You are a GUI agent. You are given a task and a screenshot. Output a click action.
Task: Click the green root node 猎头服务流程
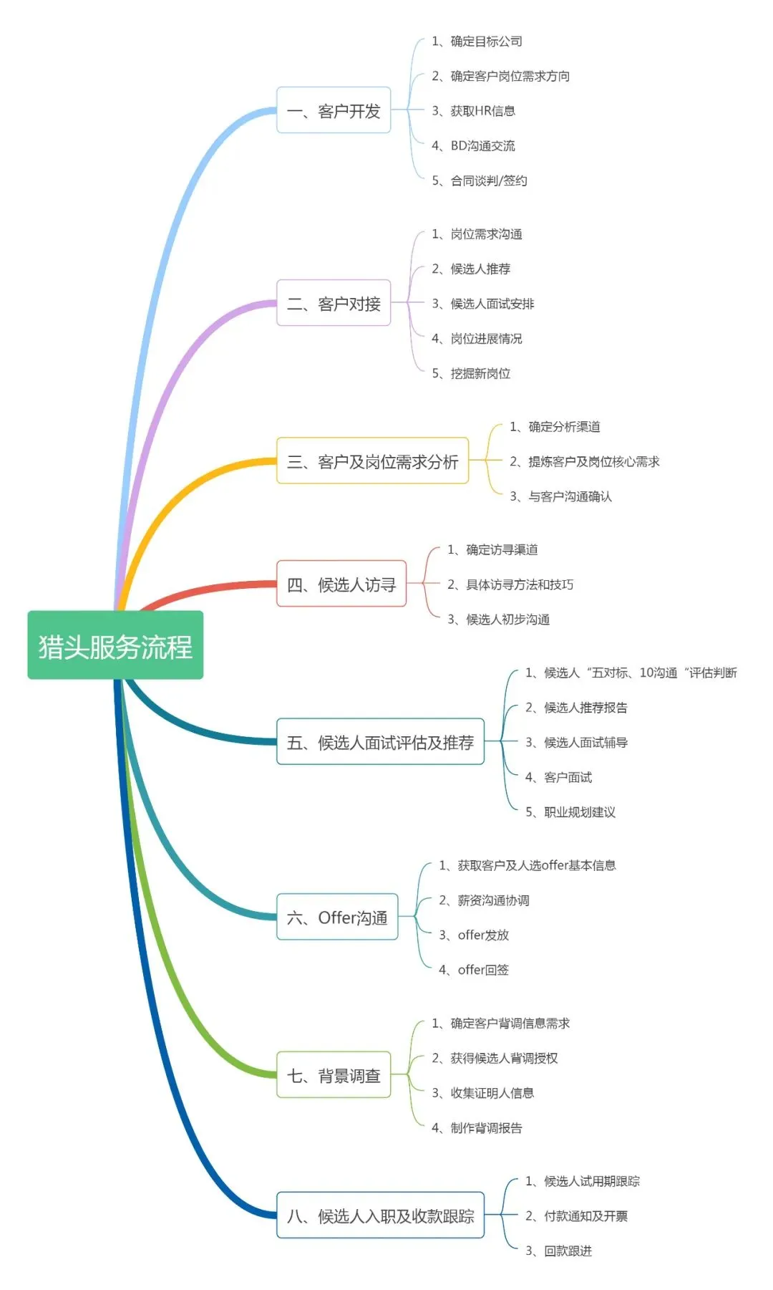[x=115, y=645]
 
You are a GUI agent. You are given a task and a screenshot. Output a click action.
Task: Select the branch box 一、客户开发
[x=334, y=110]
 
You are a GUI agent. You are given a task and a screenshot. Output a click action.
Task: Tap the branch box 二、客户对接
[x=334, y=303]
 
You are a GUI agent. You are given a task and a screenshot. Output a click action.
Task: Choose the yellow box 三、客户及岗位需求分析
[x=372, y=461]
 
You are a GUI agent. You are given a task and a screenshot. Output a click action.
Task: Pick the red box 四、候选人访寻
[x=341, y=584]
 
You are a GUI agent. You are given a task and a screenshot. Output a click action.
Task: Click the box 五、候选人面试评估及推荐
[x=380, y=741]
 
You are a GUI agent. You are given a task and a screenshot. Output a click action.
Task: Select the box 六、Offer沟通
[x=337, y=917]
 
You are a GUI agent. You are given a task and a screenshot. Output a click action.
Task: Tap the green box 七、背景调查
[x=334, y=1074]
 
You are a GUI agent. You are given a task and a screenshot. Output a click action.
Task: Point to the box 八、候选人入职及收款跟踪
[x=380, y=1215]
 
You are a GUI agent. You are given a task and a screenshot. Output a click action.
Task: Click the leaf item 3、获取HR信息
[x=473, y=110]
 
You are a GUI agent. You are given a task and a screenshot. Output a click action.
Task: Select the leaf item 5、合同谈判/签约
[x=480, y=180]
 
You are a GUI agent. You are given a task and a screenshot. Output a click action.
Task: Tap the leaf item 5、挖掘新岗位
[x=471, y=373]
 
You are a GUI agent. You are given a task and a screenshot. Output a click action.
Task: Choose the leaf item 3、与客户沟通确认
[x=560, y=496]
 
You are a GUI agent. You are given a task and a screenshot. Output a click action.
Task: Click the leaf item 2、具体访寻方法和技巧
[x=510, y=584]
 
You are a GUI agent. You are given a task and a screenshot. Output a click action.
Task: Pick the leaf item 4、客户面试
[x=558, y=777]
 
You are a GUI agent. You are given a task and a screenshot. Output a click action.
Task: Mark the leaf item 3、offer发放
[x=474, y=935]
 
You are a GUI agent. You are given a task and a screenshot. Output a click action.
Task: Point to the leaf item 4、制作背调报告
[x=477, y=1127]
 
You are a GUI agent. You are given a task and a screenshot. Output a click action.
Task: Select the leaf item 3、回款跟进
[x=558, y=1251]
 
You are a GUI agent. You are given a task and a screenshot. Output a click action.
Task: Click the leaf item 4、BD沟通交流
[x=473, y=145]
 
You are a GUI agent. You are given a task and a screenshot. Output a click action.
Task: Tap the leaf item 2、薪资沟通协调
[x=484, y=900]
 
